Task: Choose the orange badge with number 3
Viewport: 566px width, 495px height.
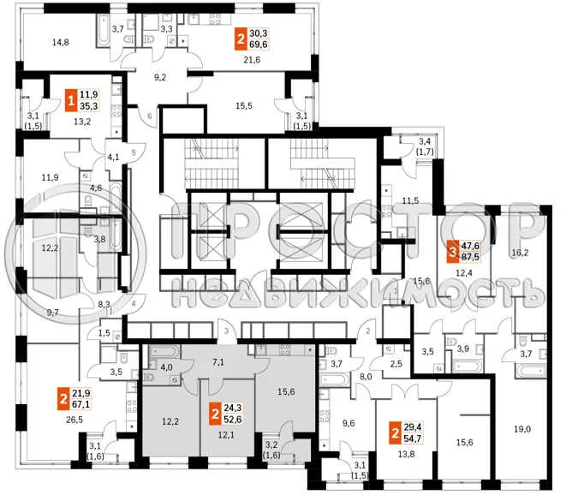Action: click(452, 252)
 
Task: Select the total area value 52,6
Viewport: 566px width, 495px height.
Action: click(232, 419)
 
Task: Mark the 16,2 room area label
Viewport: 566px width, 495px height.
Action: click(520, 253)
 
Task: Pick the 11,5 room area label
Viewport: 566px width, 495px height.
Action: click(410, 201)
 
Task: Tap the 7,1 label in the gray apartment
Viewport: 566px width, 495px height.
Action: click(217, 364)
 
